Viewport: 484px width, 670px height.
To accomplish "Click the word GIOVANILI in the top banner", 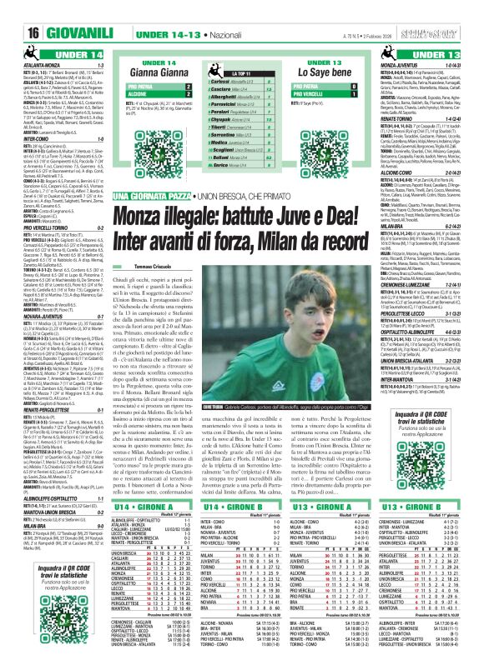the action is pos(58,12).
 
